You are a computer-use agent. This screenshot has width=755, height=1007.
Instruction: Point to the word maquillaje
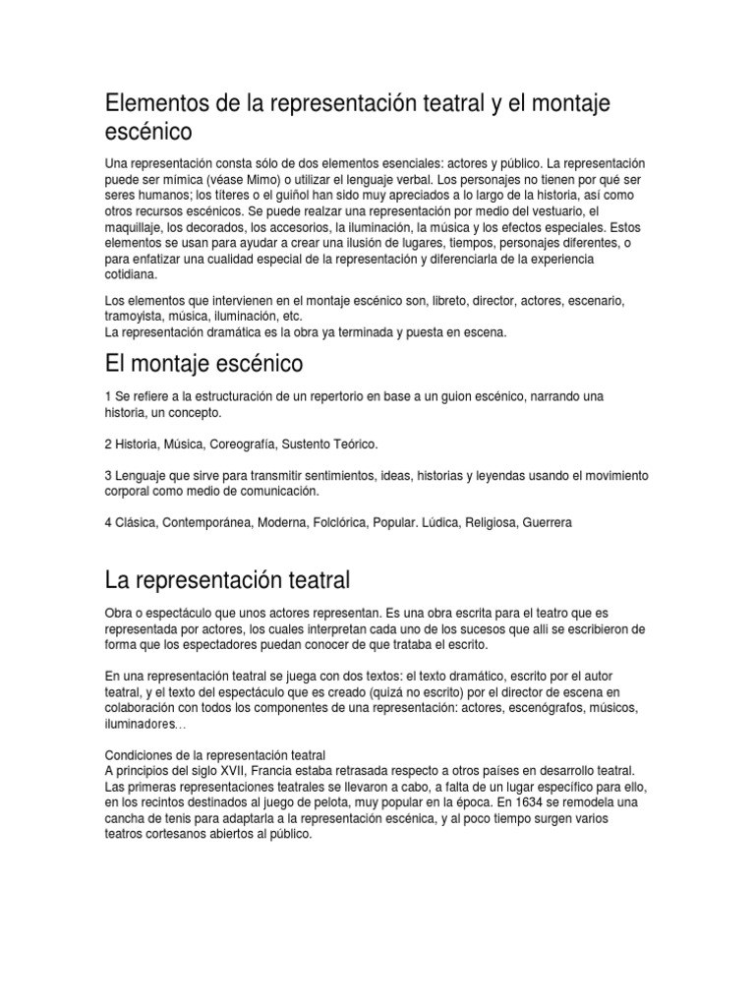point(134,228)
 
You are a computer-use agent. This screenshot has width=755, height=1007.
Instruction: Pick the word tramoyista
point(138,316)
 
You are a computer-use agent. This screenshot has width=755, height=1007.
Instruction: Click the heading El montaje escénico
point(203,364)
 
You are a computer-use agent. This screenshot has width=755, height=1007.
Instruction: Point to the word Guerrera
point(545,522)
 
